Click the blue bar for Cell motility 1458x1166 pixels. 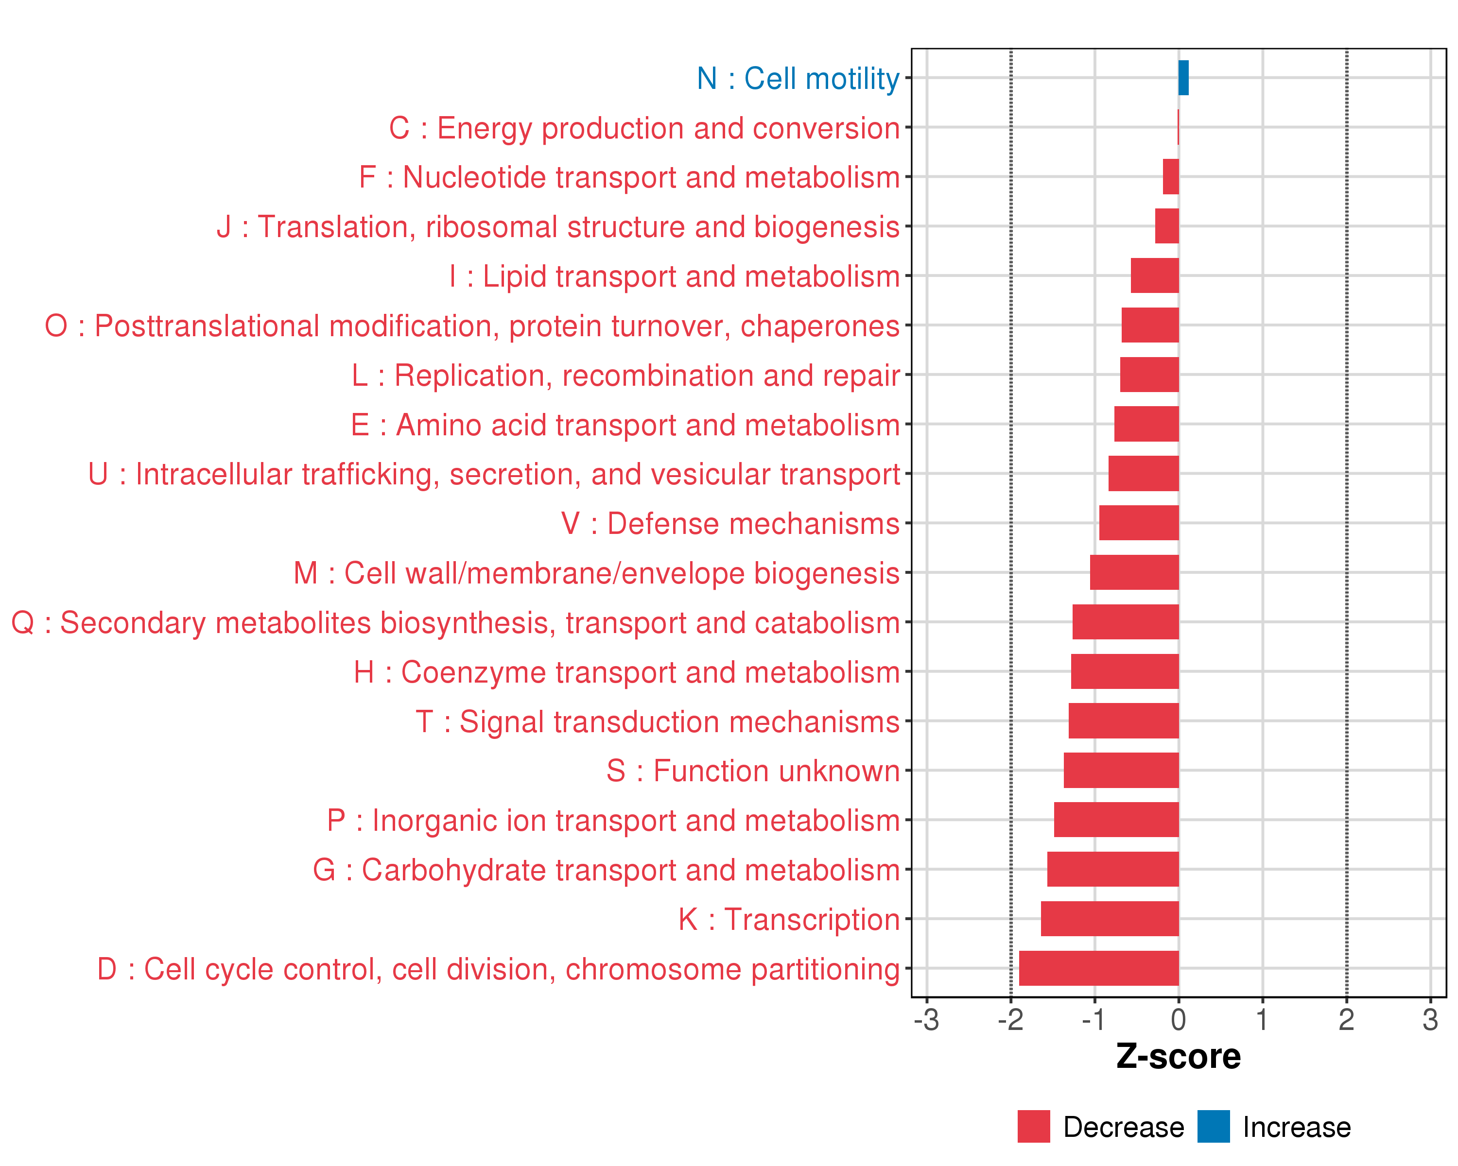click(x=1183, y=78)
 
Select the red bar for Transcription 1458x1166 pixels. click(x=1110, y=919)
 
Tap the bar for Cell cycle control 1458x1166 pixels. click(x=1099, y=968)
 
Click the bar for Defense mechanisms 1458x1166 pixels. click(x=1139, y=523)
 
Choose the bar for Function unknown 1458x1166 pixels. click(x=1121, y=771)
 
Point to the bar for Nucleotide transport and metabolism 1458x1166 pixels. click(x=1171, y=177)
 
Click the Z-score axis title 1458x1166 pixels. click(x=1179, y=1057)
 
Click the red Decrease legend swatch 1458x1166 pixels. click(x=1033, y=1127)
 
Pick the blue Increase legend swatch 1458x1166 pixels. click(x=1213, y=1127)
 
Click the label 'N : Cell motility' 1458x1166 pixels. click(x=798, y=79)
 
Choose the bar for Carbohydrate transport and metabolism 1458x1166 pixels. click(x=1113, y=869)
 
